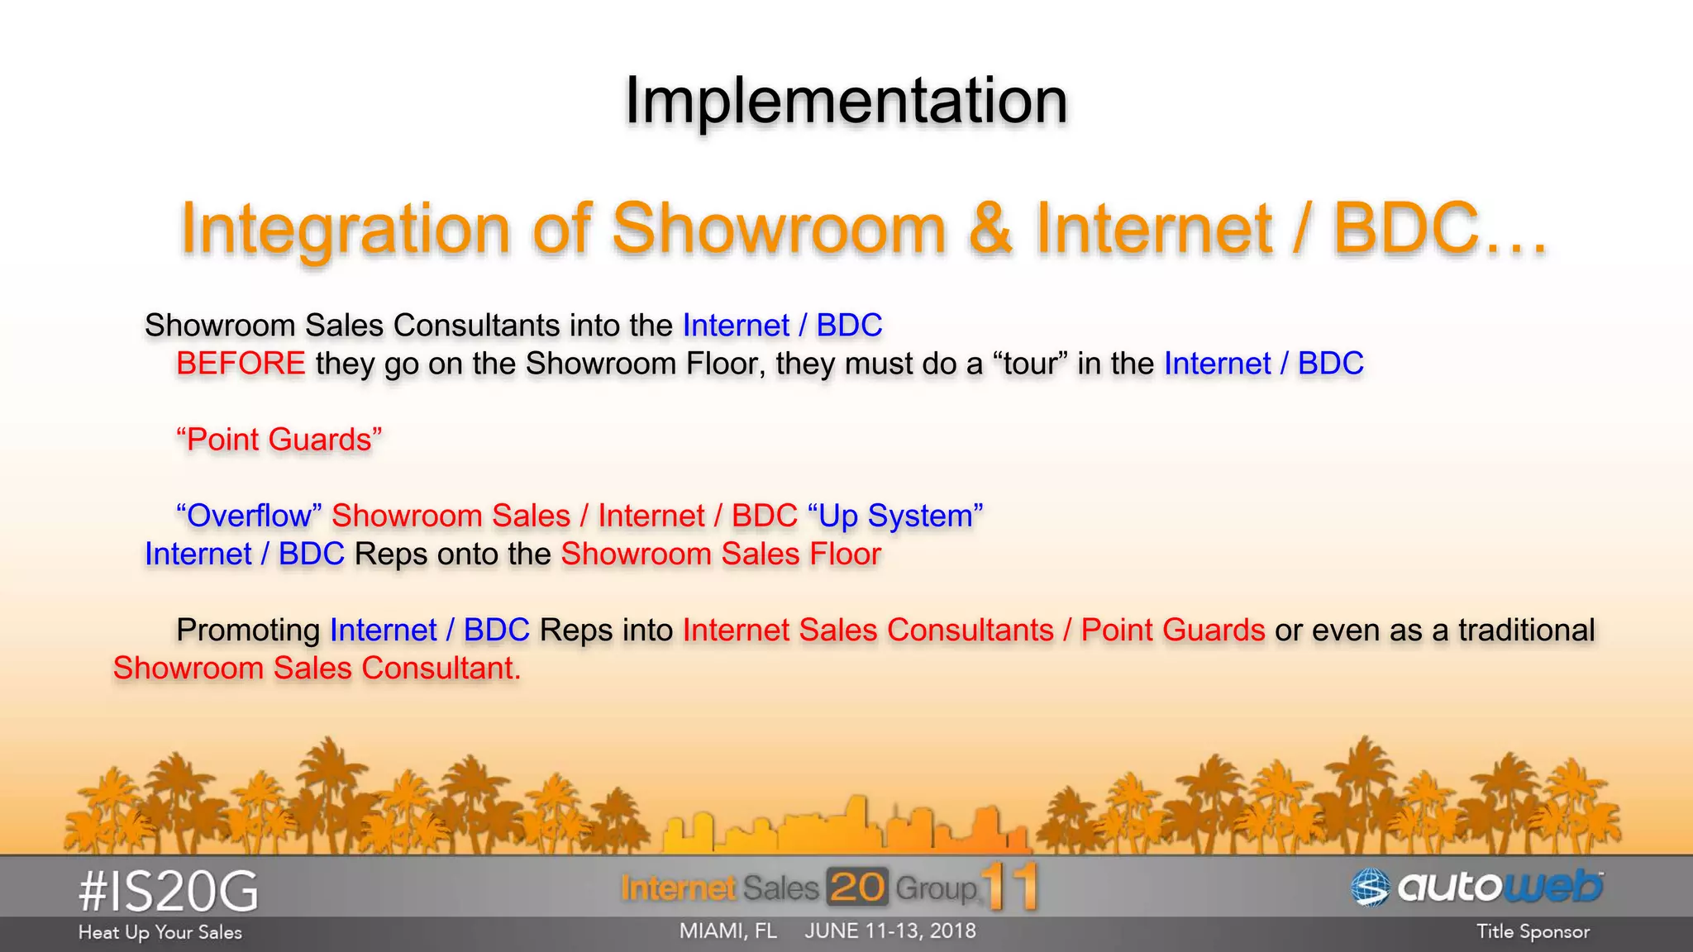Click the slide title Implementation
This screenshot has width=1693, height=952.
coord(846,101)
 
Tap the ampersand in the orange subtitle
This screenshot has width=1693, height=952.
coord(990,229)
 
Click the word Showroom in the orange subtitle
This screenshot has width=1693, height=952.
coord(778,229)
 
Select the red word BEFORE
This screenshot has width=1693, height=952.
coord(241,364)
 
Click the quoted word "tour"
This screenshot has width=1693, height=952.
coord(1029,364)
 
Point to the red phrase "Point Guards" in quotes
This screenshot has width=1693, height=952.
coord(279,440)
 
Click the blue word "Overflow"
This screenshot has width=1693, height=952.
coord(248,516)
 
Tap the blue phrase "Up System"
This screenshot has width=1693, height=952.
coord(895,516)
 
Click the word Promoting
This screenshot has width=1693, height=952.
coord(248,630)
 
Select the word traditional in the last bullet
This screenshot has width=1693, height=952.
coord(1526,630)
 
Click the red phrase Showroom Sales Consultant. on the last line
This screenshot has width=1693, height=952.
coord(317,668)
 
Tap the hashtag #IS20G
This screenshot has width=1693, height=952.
coord(169,892)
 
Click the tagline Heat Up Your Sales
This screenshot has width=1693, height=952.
coord(160,932)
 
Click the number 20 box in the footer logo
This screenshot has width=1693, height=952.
coord(856,888)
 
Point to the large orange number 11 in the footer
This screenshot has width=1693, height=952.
coord(1010,886)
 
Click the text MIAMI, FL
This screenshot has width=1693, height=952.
coord(728,931)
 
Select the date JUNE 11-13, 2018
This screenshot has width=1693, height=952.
coord(890,931)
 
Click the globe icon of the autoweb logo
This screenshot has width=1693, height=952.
coord(1370,888)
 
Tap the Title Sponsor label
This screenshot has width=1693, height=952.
coord(1533,932)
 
